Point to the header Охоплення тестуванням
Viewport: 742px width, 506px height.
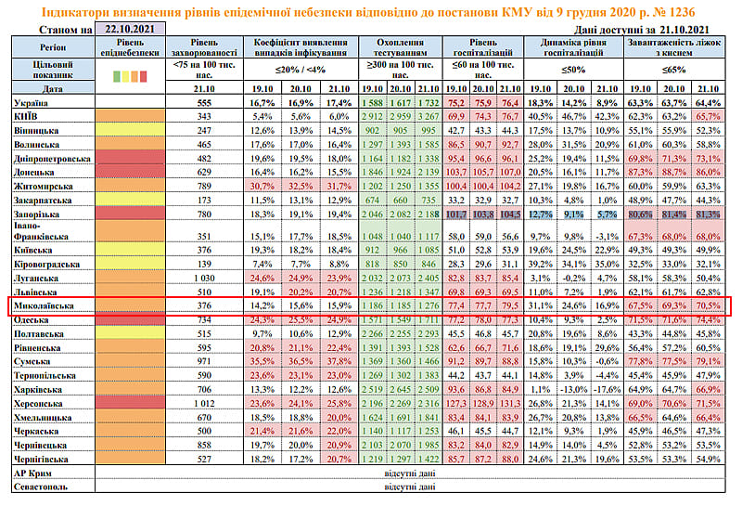click(x=401, y=49)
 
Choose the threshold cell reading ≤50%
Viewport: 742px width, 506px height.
click(x=576, y=70)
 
